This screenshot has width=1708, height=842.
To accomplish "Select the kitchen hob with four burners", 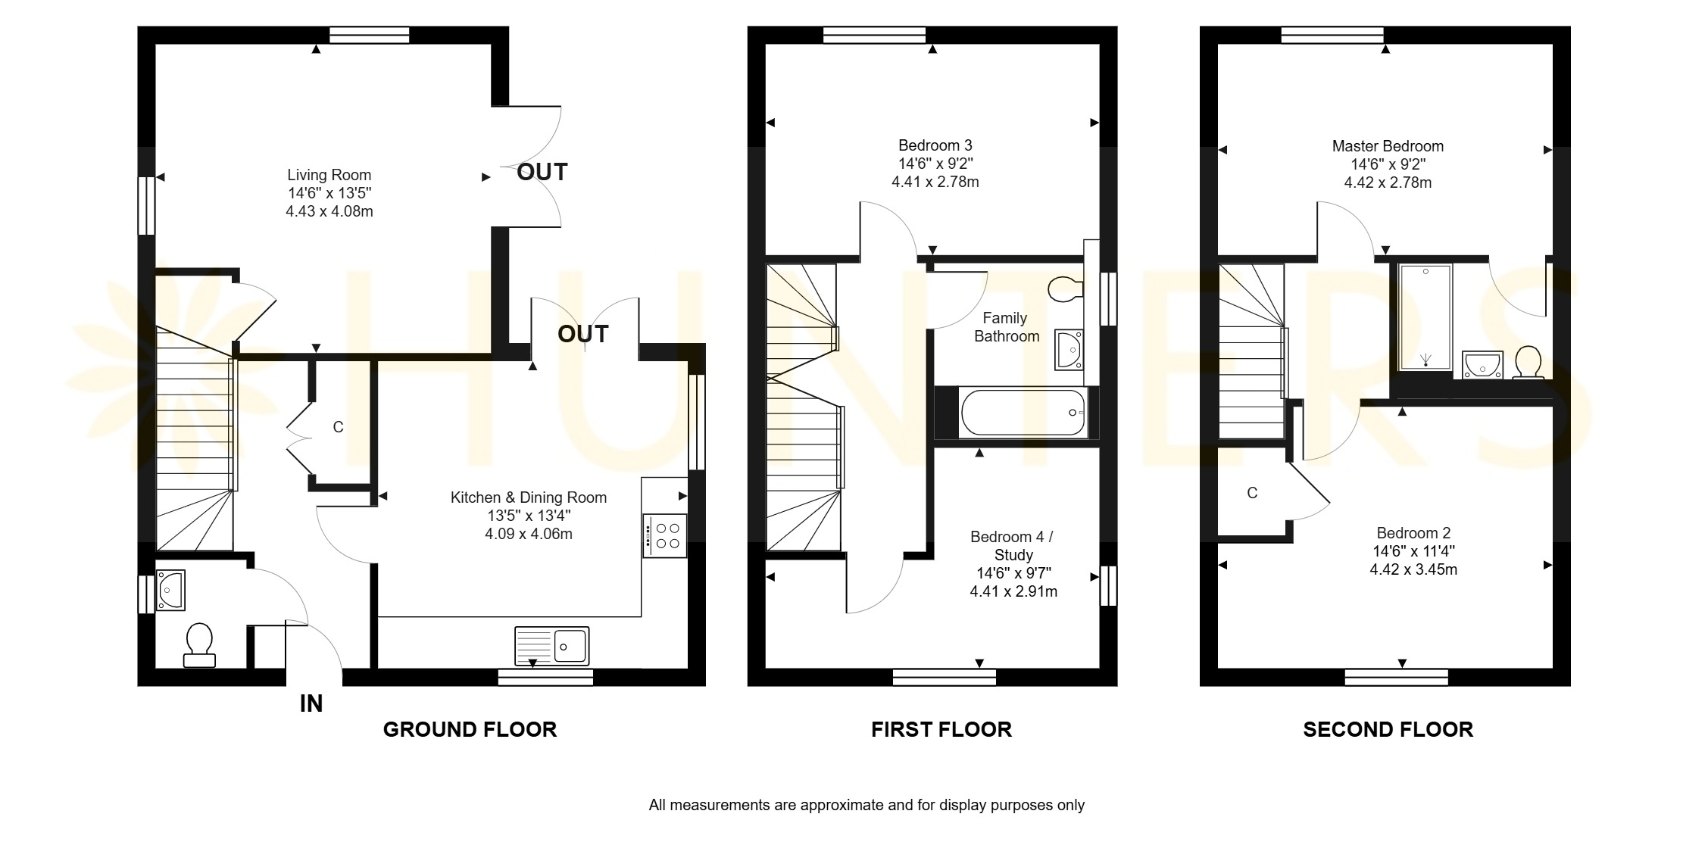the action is pos(665,536).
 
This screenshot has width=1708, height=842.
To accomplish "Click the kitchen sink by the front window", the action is pos(551,646).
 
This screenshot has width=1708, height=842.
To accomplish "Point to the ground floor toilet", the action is pos(199,645).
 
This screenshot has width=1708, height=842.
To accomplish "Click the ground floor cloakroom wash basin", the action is pos(170,591).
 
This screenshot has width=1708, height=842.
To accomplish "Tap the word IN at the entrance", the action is pos(311,704).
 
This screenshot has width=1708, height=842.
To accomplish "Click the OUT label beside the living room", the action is pos(542,173).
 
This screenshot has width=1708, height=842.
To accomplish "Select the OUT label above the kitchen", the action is pos(582,334).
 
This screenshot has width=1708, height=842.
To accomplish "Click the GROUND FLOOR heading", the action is pos(470,729).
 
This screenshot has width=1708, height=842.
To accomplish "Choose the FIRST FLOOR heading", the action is pos(941,729).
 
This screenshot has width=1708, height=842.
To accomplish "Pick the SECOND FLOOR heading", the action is pos(1388,729).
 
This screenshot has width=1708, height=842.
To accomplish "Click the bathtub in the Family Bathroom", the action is pos(1023,413).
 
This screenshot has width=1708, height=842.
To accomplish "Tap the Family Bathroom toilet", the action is pos(1066,288).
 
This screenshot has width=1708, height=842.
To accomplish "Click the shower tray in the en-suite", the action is pos(1425,317).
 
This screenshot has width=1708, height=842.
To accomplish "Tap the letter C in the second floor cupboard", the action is pos(1252,494).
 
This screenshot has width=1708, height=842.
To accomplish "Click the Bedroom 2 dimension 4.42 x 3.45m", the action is pos(1413,569).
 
